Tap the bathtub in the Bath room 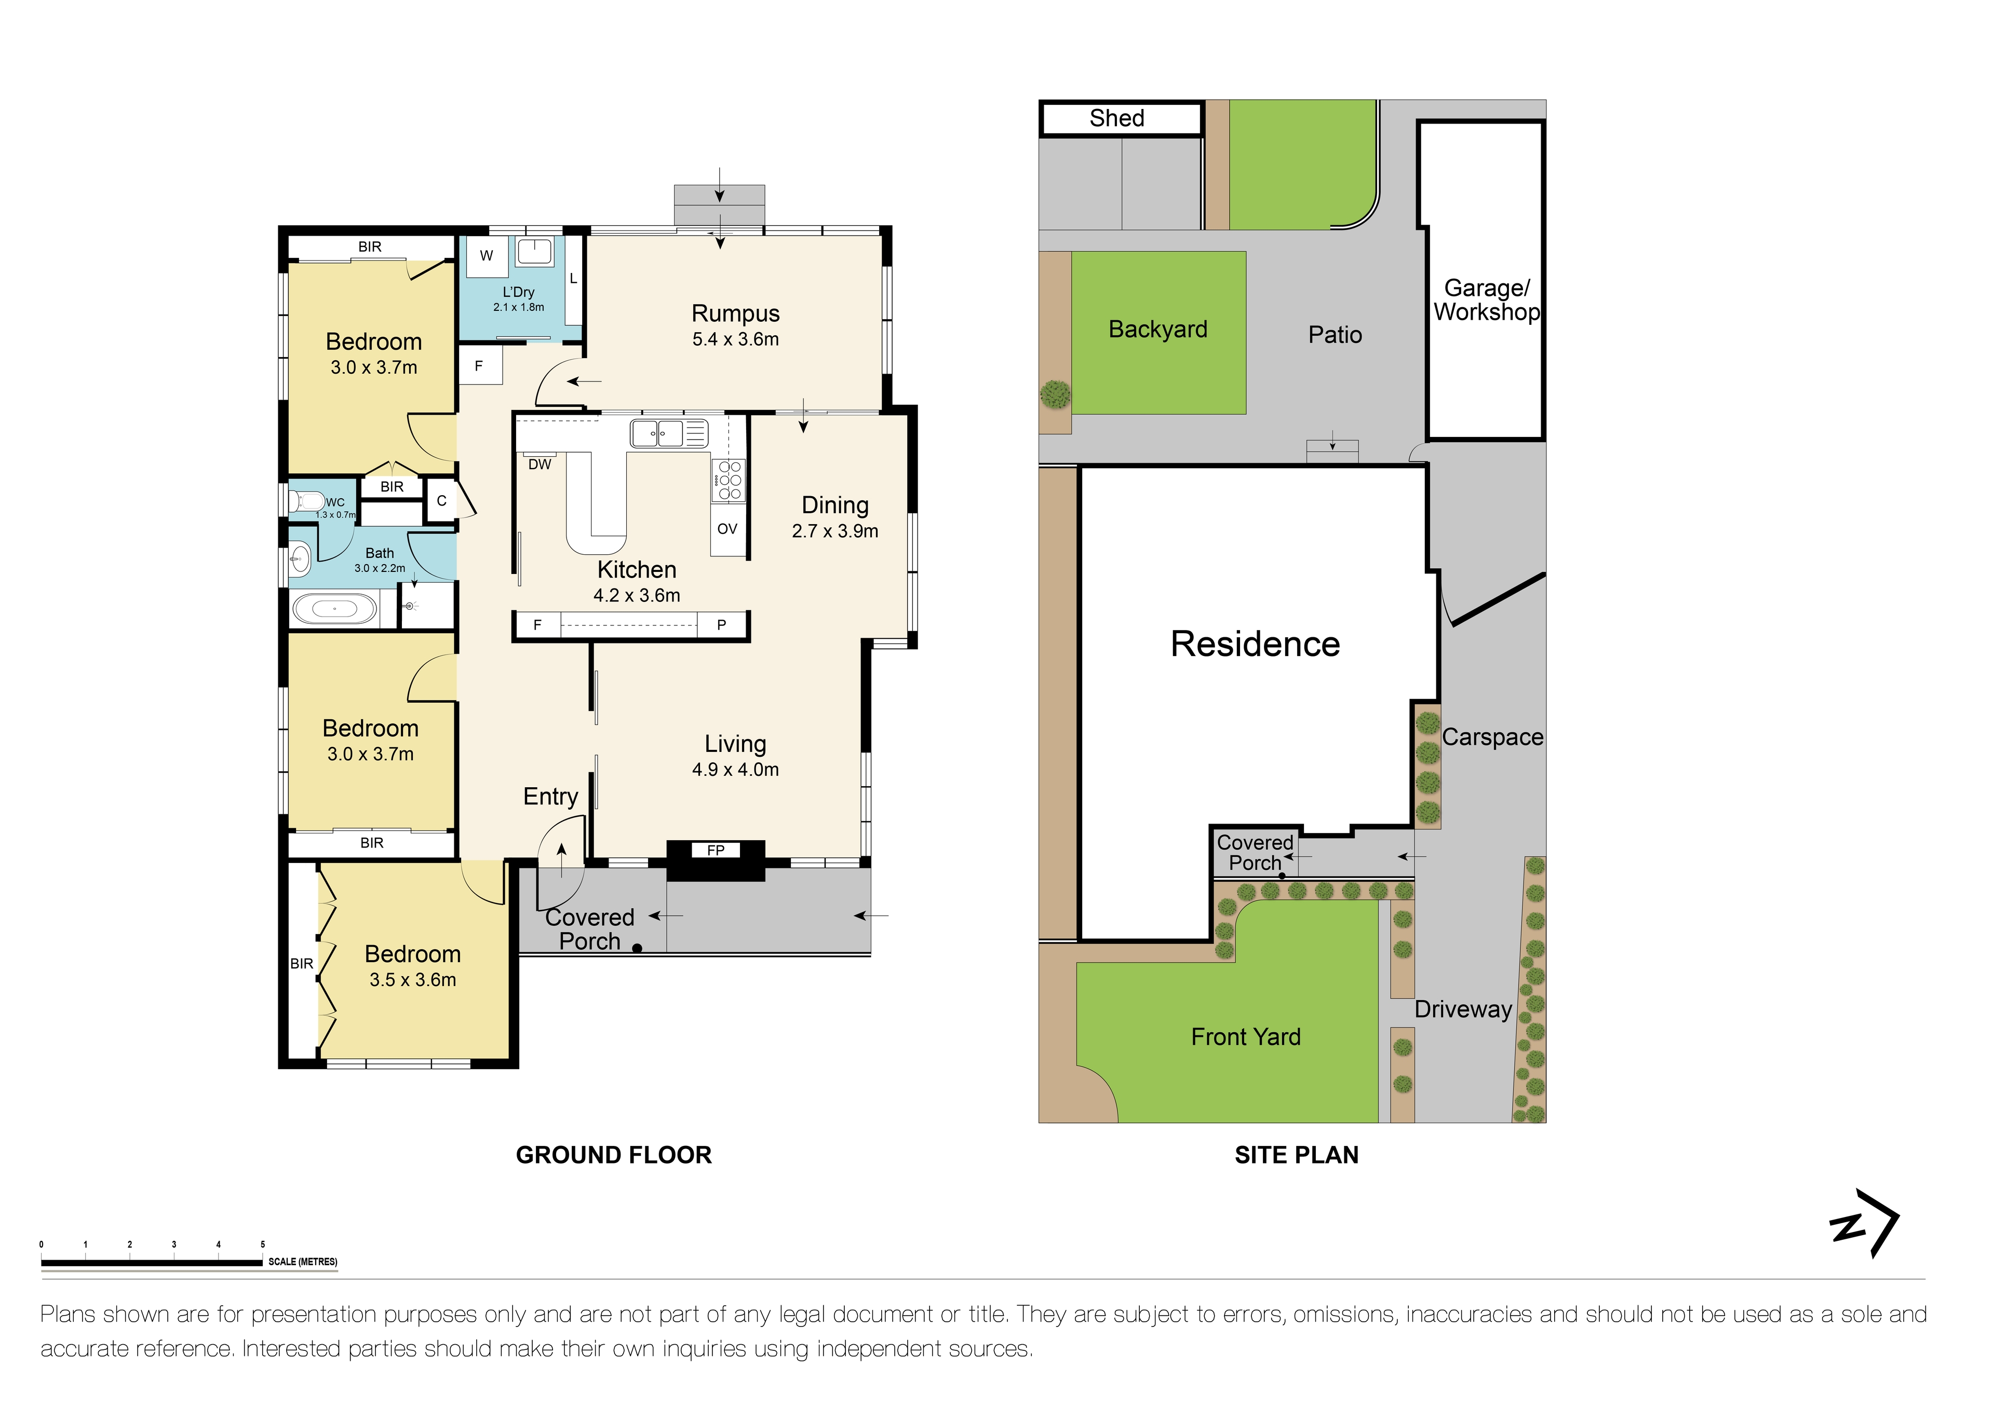(334, 609)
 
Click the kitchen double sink (657, 432)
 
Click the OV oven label (727, 529)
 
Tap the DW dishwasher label (540, 464)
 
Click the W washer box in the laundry (487, 255)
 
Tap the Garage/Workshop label (1486, 299)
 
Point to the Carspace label (1492, 737)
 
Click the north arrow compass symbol (1865, 1223)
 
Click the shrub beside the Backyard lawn (1055, 395)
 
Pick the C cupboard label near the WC (441, 501)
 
